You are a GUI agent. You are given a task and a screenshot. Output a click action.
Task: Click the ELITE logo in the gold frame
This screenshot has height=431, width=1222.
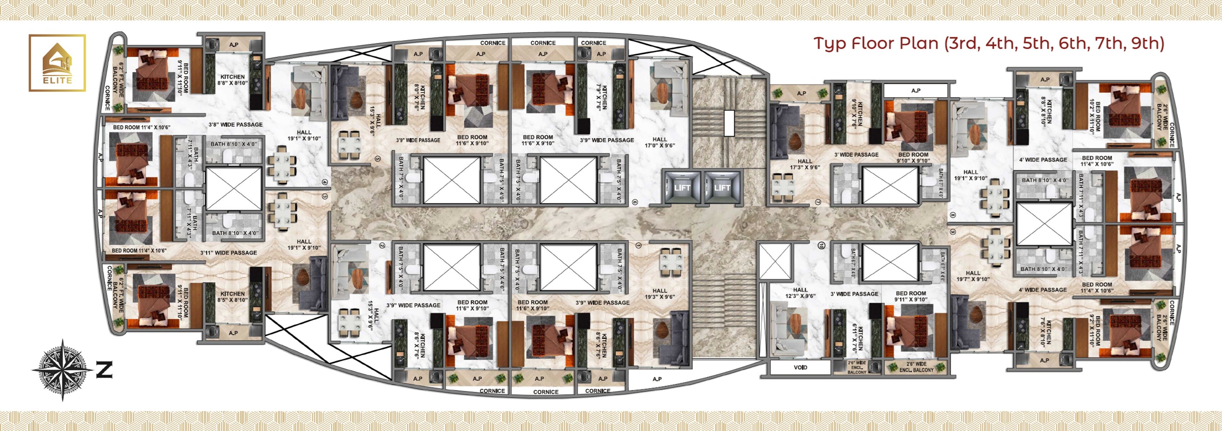(58, 62)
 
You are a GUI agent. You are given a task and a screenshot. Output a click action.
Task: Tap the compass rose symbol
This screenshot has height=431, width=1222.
(62, 370)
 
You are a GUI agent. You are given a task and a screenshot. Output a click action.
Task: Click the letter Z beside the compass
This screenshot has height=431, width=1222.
(104, 370)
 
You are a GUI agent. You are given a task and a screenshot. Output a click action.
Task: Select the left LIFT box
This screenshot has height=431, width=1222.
(682, 188)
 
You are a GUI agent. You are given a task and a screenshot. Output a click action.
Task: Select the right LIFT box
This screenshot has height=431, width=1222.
(722, 188)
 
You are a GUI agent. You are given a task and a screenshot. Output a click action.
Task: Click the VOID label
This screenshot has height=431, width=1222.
(800, 367)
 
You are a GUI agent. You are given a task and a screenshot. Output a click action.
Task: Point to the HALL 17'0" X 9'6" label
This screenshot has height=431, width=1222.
(659, 143)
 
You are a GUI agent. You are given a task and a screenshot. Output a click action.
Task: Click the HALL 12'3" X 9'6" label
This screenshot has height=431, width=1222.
(800, 293)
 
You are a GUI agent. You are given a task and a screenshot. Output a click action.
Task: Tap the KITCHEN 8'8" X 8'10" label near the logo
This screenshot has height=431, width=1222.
(233, 80)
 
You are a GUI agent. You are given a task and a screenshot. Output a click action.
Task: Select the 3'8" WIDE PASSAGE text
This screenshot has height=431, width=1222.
(236, 125)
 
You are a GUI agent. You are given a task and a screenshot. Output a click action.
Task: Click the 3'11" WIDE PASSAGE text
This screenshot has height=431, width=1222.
(229, 253)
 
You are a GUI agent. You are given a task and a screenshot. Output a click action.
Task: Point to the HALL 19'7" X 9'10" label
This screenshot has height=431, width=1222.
(972, 276)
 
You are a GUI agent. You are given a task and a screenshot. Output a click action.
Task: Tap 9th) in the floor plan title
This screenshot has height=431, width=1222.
(1147, 43)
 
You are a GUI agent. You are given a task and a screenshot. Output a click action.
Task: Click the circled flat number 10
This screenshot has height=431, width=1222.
(821, 245)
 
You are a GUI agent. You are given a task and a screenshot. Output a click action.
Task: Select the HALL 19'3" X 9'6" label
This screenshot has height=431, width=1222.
(659, 294)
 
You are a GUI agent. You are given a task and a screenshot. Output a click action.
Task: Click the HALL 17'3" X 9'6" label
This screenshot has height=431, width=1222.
(805, 164)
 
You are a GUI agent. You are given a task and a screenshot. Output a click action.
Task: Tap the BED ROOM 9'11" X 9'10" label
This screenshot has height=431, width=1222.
(911, 296)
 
